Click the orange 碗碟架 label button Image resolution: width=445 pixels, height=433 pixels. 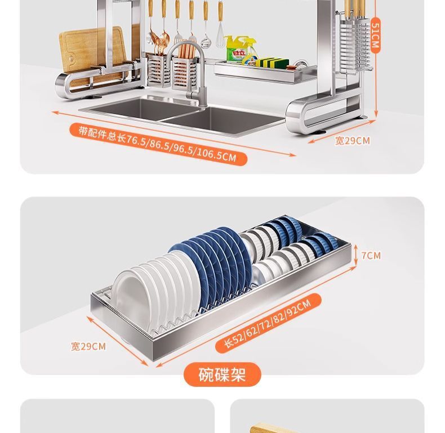click(222, 374)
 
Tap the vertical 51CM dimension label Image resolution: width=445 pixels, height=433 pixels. click(375, 35)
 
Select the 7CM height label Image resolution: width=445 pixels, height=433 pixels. click(371, 256)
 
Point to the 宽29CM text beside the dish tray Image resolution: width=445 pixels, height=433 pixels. click(88, 346)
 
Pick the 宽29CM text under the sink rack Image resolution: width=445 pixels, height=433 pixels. click(352, 141)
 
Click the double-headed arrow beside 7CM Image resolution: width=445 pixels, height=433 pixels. click(356, 256)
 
